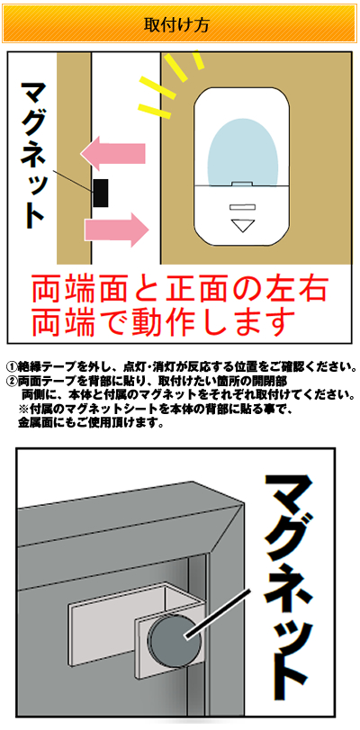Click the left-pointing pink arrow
113,153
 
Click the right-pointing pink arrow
116,230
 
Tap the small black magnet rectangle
101,193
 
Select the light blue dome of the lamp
242,151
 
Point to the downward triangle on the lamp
242,226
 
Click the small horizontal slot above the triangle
242,207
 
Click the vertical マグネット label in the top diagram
32,156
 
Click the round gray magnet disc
175,636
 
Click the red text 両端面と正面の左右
180,290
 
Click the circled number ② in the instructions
13,381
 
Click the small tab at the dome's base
242,185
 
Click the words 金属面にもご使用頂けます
91,424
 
